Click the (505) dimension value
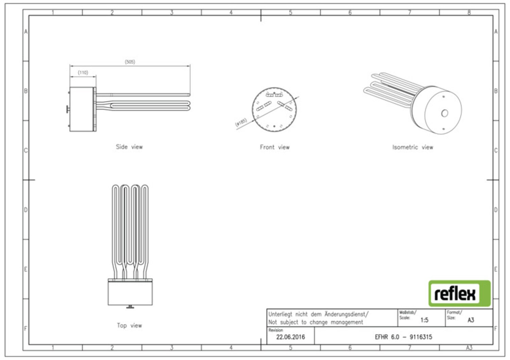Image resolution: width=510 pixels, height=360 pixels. pos(130,62)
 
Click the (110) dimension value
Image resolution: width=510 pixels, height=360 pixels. pos(83,72)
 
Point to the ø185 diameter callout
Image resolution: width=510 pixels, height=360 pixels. pos(241,122)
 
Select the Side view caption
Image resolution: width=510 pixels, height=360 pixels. pos(129,147)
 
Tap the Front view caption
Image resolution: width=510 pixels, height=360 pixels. pos(275,147)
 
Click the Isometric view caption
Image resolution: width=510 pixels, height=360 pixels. pos(412,147)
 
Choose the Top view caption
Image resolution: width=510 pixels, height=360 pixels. pos(129,326)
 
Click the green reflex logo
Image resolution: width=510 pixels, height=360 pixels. pos(459,293)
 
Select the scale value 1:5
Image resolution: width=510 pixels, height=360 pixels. pos(424,320)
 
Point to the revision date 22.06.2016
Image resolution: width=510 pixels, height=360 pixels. pos(290,337)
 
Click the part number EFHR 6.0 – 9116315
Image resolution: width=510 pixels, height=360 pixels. pos(403,337)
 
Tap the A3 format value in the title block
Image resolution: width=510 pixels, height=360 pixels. pos(471,320)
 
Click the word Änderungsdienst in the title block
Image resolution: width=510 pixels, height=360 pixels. pos(346,314)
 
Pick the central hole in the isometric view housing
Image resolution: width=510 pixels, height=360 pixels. pos(444,113)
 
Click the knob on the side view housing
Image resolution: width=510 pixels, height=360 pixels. pos(68,109)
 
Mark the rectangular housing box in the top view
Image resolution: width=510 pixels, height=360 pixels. pos(130,293)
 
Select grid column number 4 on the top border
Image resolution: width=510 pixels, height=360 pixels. pos(231,12)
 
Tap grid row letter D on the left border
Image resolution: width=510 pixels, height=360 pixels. pos(26,210)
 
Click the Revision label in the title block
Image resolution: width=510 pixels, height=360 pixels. pos(275,330)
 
